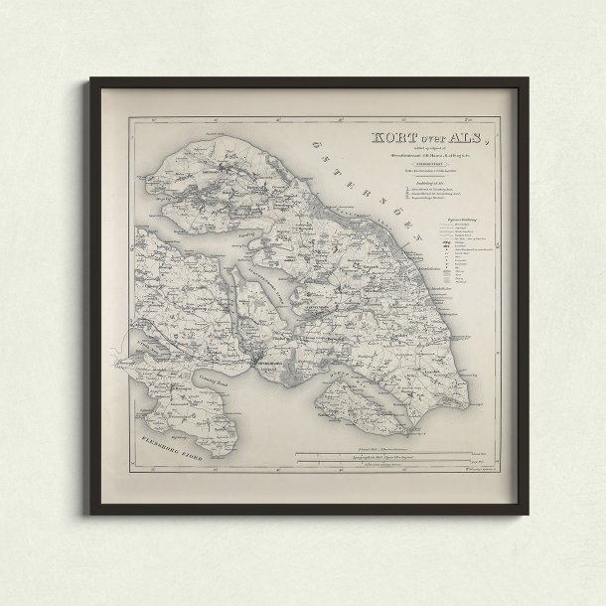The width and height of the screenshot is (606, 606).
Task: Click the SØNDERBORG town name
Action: coord(261,364)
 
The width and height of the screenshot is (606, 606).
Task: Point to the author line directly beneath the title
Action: coord(423,157)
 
